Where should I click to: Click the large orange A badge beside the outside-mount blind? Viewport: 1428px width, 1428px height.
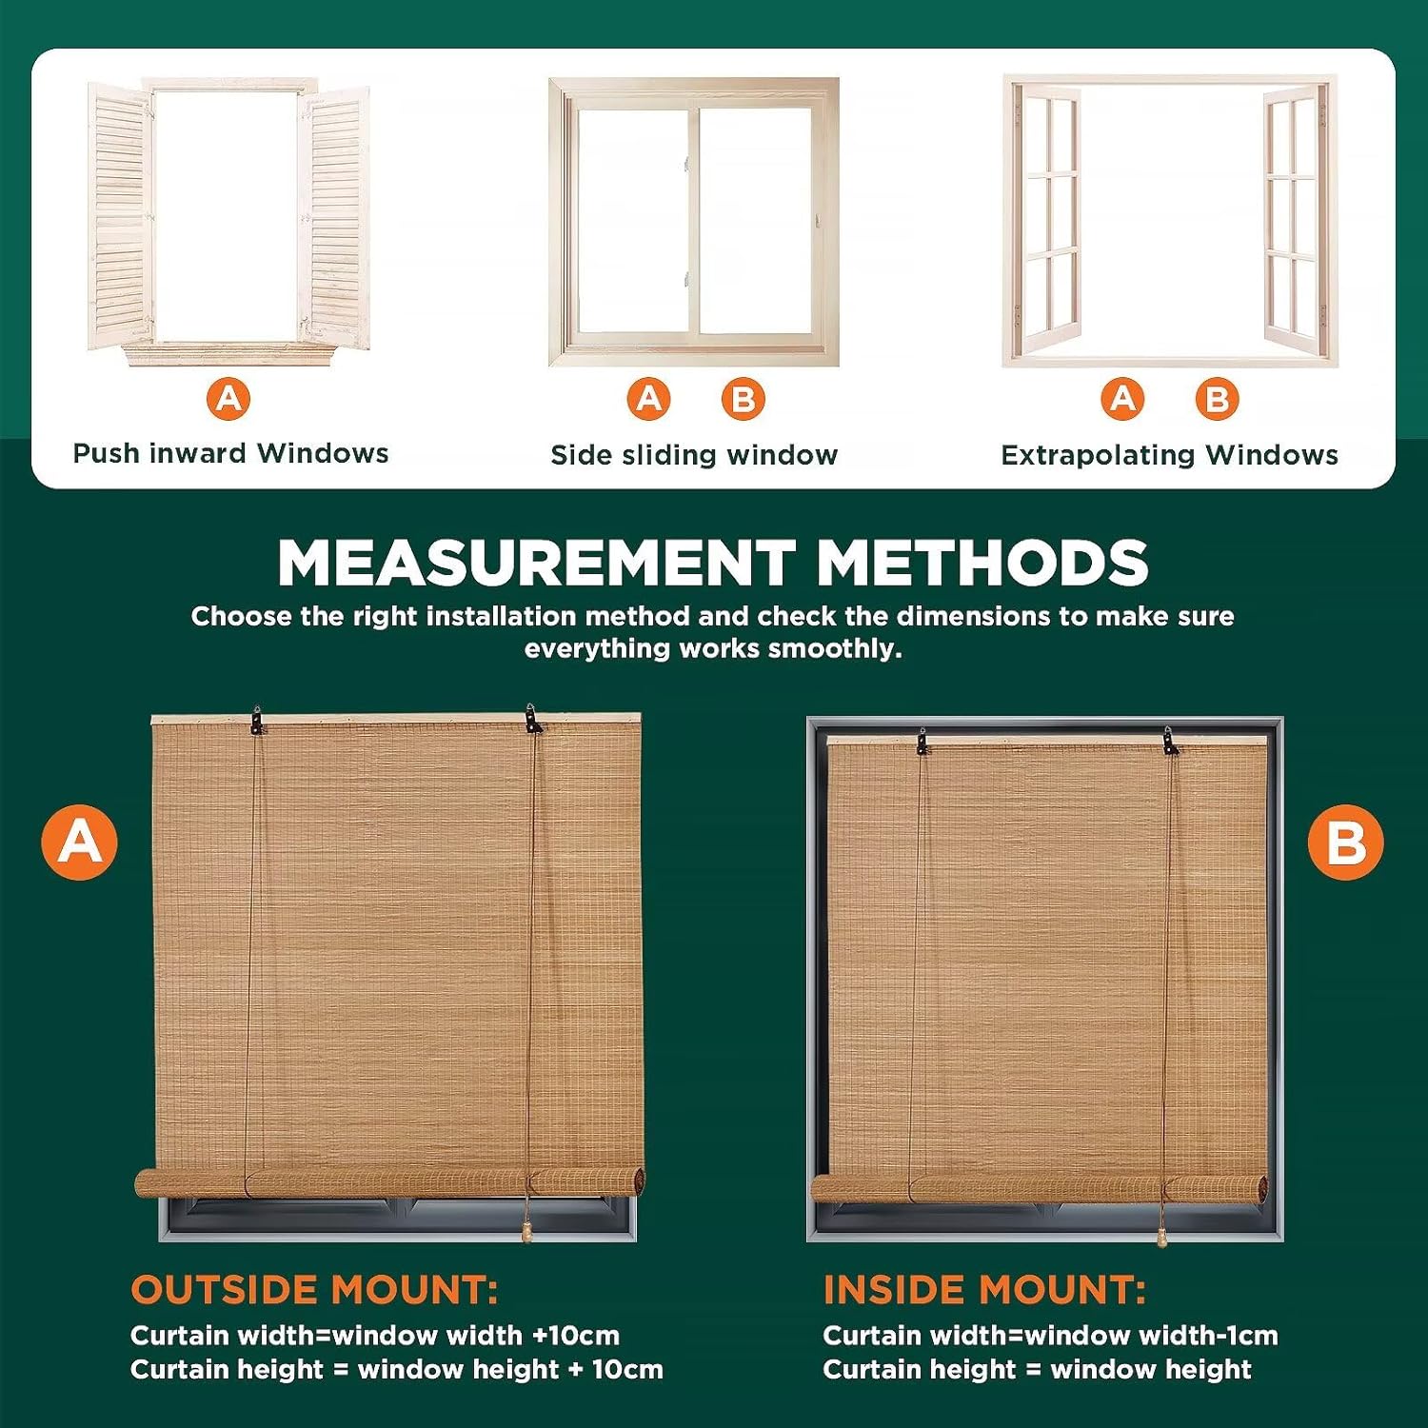(x=80, y=843)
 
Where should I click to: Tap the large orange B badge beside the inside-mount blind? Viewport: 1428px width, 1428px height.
(x=1345, y=843)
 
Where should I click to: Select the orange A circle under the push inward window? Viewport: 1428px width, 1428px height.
(x=229, y=399)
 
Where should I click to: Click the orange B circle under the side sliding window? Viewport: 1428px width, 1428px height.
(x=744, y=400)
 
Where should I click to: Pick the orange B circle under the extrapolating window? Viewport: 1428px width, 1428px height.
(x=1218, y=400)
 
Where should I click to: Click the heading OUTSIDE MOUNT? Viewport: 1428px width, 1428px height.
(x=314, y=1290)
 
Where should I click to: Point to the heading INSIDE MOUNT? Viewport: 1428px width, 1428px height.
(x=984, y=1290)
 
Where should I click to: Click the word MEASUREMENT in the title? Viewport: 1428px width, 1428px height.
(x=537, y=563)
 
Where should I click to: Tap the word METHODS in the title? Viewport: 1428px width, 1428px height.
(x=982, y=563)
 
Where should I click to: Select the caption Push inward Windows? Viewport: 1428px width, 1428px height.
(x=231, y=453)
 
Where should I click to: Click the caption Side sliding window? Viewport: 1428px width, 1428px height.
(x=694, y=455)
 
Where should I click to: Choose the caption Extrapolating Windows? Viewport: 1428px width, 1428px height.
(x=1169, y=455)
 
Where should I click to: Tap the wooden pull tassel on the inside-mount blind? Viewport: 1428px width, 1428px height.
(x=1160, y=1234)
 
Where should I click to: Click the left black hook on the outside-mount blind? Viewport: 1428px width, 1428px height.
(x=256, y=721)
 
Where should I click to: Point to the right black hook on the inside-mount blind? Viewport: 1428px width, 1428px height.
(x=1170, y=741)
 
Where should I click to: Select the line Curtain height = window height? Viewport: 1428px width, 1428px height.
(x=1037, y=1370)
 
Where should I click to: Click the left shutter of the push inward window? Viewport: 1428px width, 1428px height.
(x=121, y=216)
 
